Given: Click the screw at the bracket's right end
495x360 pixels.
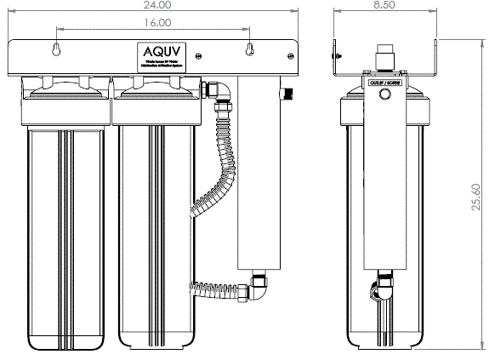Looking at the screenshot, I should (x=293, y=56).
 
